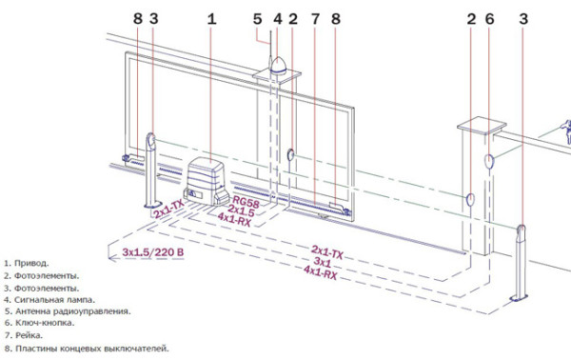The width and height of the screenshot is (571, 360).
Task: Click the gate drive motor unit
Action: click(x=206, y=181)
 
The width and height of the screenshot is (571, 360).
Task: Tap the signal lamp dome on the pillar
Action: click(x=279, y=66)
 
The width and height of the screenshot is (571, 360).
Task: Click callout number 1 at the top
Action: click(x=211, y=19)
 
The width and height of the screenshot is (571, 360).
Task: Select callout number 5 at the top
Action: click(x=258, y=19)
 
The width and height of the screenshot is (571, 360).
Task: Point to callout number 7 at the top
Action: click(x=315, y=19)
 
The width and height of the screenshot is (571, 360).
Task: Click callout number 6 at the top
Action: click(x=489, y=19)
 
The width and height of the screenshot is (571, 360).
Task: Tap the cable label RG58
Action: click(x=246, y=201)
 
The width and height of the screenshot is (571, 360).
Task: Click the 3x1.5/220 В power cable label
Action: click(x=153, y=252)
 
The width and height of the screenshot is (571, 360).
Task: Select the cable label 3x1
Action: click(x=323, y=262)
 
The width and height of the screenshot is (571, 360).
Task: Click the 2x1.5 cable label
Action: click(x=241, y=210)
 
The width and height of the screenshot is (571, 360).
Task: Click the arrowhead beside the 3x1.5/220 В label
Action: click(x=111, y=258)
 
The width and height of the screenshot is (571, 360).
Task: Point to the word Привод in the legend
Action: click(x=31, y=264)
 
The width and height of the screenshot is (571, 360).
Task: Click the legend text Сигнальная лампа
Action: click(x=54, y=300)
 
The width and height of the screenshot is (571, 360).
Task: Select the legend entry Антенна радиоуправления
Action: click(x=73, y=311)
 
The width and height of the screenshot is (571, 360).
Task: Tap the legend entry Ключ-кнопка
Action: click(x=45, y=323)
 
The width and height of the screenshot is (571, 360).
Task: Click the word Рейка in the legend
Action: click(x=29, y=335)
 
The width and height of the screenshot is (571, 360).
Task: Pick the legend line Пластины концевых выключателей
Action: click(x=92, y=349)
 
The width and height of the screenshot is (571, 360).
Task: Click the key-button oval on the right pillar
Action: click(x=489, y=161)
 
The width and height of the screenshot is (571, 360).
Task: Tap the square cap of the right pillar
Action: click(x=482, y=126)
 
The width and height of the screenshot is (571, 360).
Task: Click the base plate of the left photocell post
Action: click(x=153, y=205)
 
